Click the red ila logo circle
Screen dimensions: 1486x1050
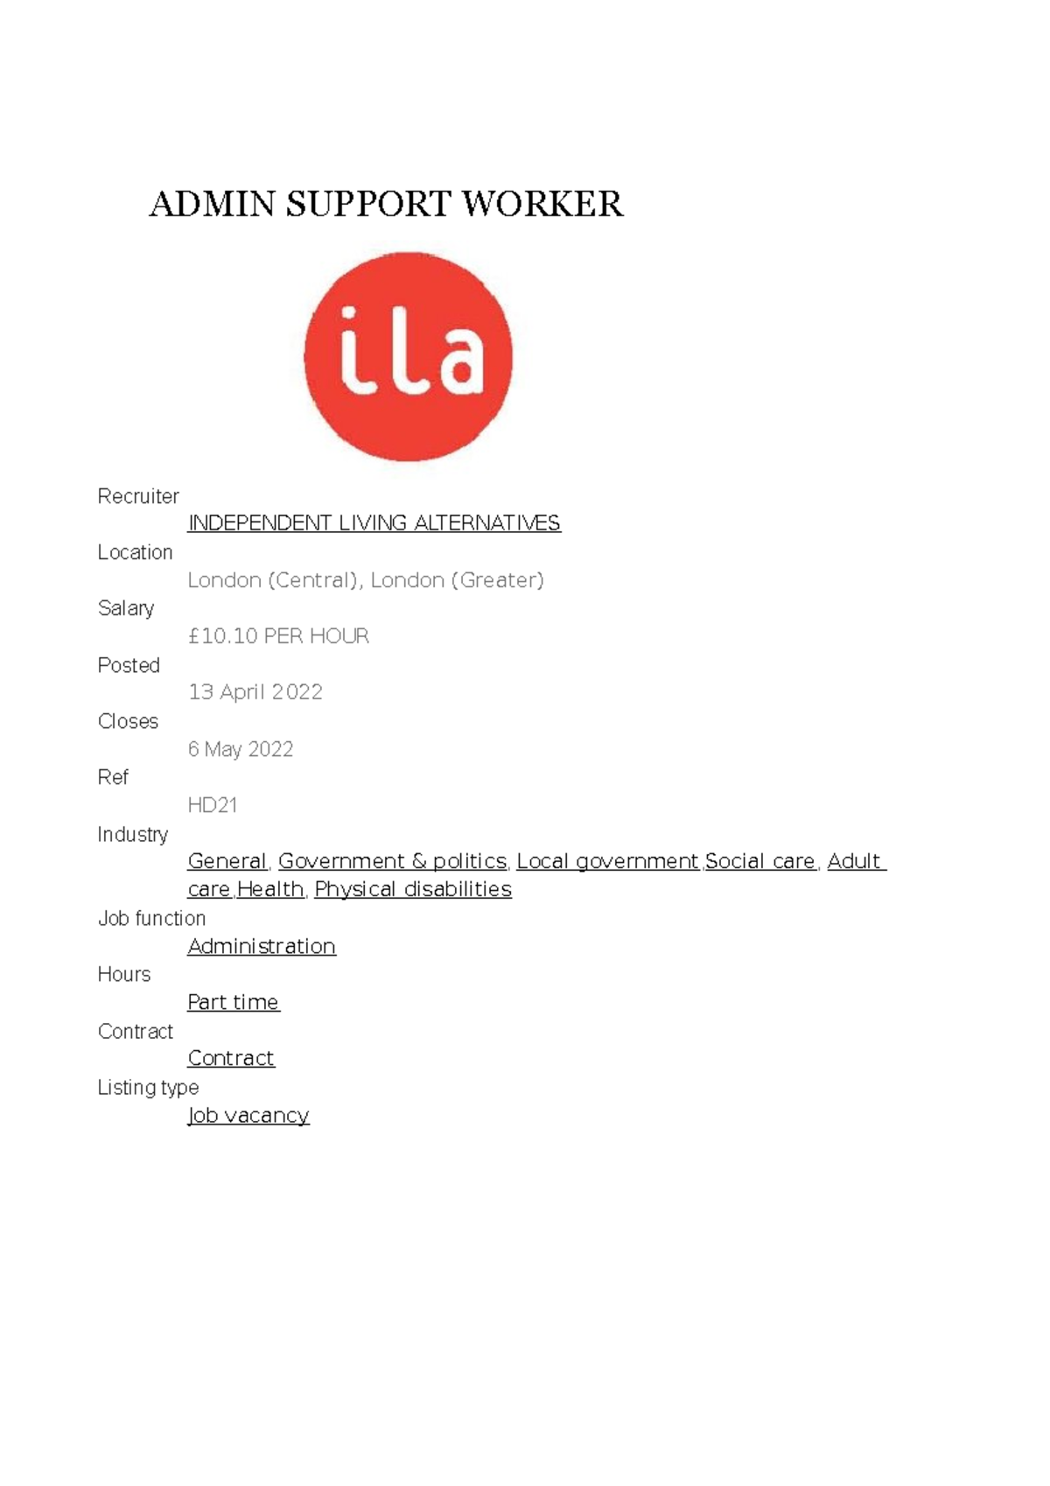[408, 356]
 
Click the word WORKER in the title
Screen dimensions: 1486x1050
[542, 204]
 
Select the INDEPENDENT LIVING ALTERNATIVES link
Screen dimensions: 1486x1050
[374, 523]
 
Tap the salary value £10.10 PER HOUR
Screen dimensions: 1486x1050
[278, 636]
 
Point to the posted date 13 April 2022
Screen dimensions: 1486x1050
[255, 692]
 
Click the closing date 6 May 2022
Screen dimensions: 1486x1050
[241, 749]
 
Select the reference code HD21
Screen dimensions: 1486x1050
[213, 805]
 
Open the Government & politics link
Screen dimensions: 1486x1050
[392, 861]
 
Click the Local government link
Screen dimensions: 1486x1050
[607, 861]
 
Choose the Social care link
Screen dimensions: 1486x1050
[759, 861]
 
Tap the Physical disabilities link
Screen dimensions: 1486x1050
[413, 889]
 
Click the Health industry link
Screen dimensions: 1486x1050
[270, 889]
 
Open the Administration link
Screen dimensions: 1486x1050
[262, 946]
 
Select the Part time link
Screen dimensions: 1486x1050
[233, 1002]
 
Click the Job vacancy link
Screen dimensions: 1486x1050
[248, 1115]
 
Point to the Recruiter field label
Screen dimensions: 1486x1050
[138, 496]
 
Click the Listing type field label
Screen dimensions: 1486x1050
[148, 1087]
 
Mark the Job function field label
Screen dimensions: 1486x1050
[151, 918]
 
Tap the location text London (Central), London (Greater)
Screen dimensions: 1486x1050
[366, 580]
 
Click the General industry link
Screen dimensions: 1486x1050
[227, 861]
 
